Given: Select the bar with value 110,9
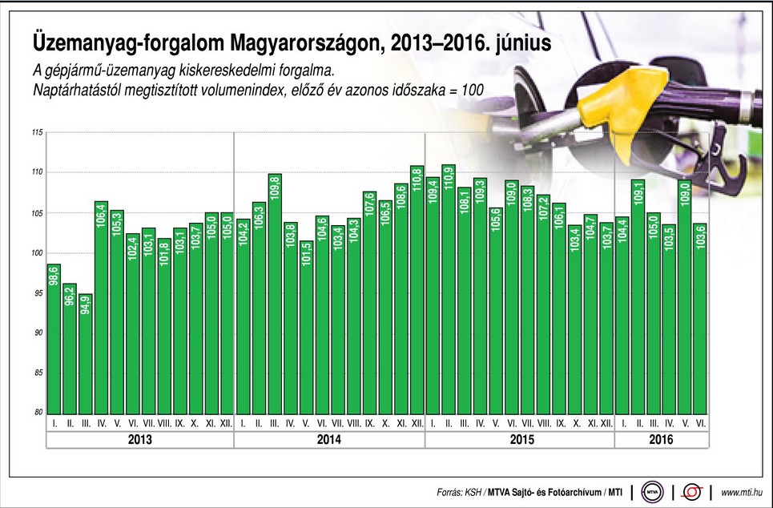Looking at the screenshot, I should (x=449, y=288).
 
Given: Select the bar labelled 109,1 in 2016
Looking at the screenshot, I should (x=638, y=296).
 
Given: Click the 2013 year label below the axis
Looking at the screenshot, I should (x=139, y=440).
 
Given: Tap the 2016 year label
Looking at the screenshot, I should (x=661, y=440).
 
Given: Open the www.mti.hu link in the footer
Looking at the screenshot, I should (x=741, y=490).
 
